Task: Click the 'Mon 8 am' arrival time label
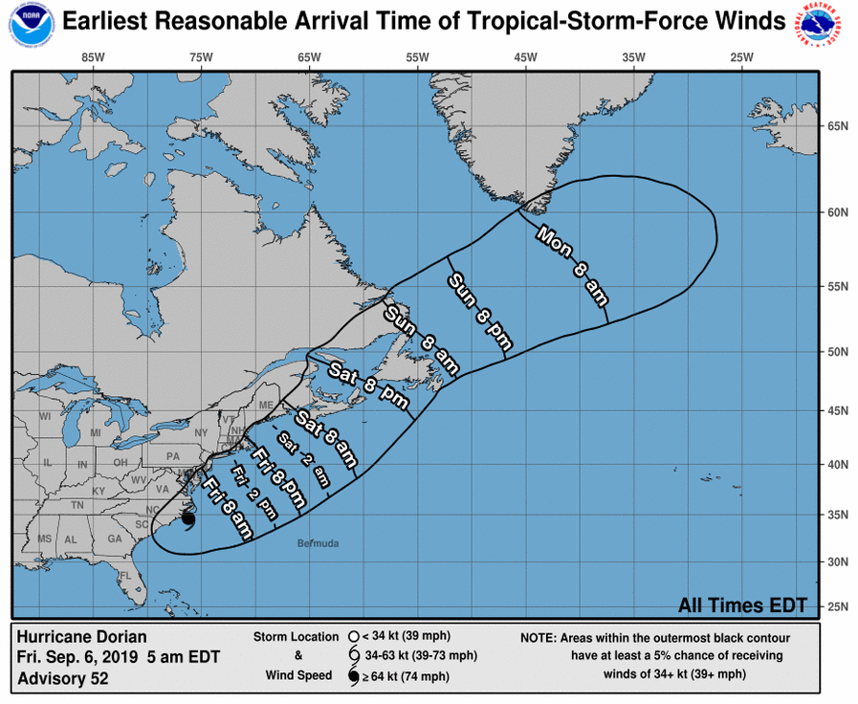[572, 264]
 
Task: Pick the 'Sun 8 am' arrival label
[422, 341]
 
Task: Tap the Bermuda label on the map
[319, 543]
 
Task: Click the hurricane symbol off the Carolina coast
[187, 520]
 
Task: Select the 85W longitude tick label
[92, 57]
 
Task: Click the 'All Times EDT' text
[742, 605]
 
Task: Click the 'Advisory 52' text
[63, 679]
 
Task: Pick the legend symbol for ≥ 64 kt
[355, 677]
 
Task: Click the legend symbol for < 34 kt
[355, 636]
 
